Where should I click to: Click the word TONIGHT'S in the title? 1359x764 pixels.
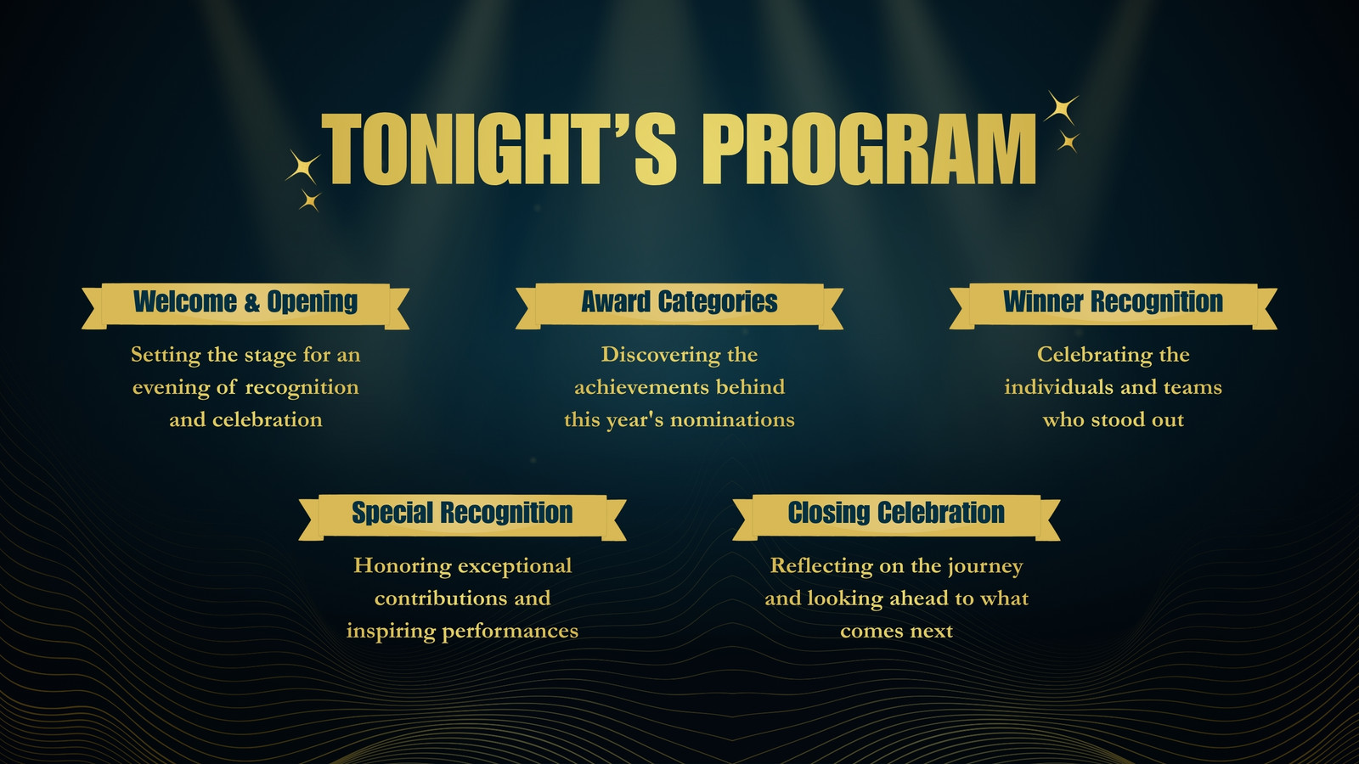(499, 149)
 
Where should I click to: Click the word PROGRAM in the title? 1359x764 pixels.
(869, 149)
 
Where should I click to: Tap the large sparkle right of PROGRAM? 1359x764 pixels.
(1061, 108)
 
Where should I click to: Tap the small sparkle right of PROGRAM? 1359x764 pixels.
(1068, 142)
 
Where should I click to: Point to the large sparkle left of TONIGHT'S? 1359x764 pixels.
(303, 166)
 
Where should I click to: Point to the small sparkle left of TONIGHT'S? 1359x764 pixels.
(310, 200)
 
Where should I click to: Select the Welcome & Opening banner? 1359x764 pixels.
(245, 306)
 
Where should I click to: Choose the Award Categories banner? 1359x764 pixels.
(679, 306)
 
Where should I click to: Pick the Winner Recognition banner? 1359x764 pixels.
(1114, 306)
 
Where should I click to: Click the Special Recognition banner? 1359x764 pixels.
(462, 517)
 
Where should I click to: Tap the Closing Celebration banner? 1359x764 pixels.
(896, 517)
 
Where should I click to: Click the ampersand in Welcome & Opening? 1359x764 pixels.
(251, 302)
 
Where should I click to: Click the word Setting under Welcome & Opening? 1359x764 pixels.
(166, 356)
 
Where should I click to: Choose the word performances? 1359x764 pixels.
(510, 632)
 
